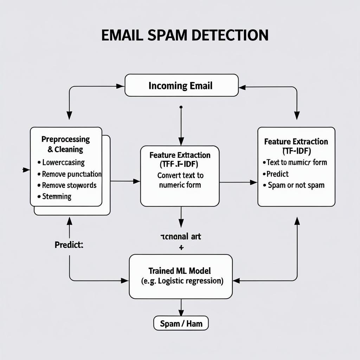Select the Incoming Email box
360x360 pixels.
(x=181, y=85)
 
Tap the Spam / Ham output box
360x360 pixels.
(x=181, y=323)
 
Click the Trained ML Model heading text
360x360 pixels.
(x=180, y=271)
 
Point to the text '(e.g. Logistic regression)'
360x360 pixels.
(x=182, y=281)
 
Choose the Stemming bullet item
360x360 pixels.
(x=56, y=197)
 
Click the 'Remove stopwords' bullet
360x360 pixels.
(x=69, y=185)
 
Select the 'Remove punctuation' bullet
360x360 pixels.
(x=71, y=174)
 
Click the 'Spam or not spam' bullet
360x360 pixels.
(x=296, y=185)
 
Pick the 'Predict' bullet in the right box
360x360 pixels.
(x=277, y=174)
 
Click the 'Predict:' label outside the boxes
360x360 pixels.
(x=69, y=245)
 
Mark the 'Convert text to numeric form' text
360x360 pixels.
(x=180, y=180)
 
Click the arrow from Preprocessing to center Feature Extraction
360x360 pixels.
(x=125, y=181)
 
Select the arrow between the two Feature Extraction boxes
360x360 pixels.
(x=238, y=182)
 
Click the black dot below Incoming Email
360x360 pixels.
(x=181, y=107)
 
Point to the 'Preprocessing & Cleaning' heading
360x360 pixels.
(x=66, y=144)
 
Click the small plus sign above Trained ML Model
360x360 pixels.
(x=181, y=247)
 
